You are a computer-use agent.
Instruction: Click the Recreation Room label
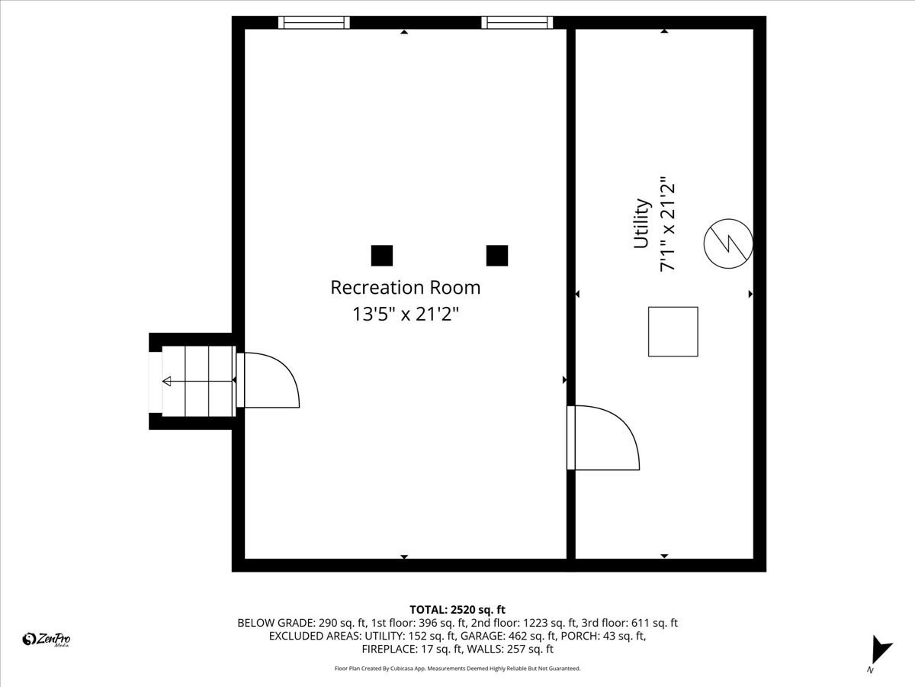pyautogui.click(x=405, y=288)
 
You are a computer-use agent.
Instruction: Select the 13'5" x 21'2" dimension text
pyautogui.click(x=405, y=313)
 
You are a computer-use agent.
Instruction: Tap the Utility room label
pyautogui.click(x=641, y=224)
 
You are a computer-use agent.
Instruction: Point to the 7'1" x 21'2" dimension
pyautogui.click(x=668, y=224)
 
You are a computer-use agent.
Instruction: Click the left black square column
pyautogui.click(x=381, y=256)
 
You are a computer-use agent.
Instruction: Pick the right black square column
pyautogui.click(x=497, y=256)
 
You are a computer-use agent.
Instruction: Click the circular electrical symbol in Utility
pyautogui.click(x=728, y=244)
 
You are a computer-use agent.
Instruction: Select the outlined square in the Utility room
pyautogui.click(x=673, y=331)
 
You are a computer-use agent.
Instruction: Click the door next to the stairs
pyautogui.click(x=268, y=379)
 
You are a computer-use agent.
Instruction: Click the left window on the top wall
pyautogui.click(x=314, y=22)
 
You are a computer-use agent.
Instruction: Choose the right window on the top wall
pyautogui.click(x=518, y=22)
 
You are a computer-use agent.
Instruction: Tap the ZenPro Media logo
pyautogui.click(x=47, y=640)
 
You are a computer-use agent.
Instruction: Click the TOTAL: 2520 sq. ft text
pyautogui.click(x=457, y=609)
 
